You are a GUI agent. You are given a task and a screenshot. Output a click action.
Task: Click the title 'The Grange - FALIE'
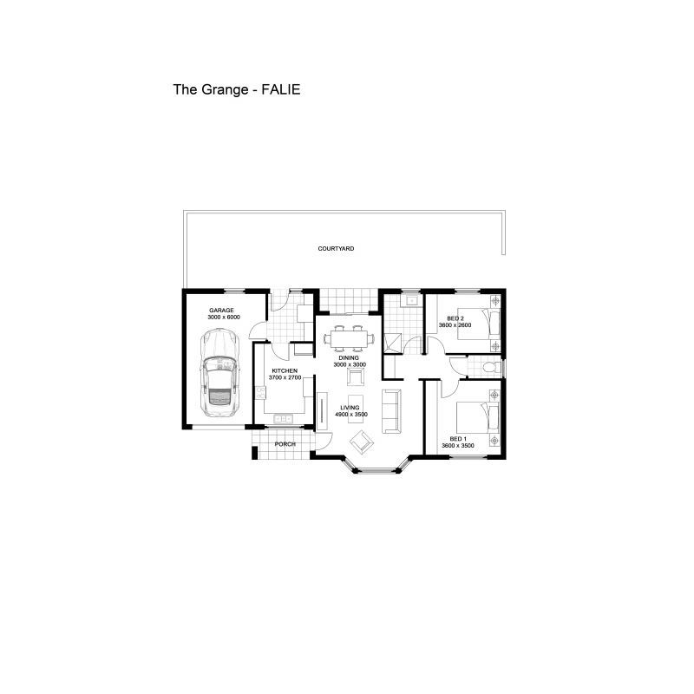pyautogui.click(x=237, y=90)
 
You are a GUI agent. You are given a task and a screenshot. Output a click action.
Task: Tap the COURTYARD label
pyautogui.click(x=336, y=249)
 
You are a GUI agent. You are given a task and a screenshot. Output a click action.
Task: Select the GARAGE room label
pyautogui.click(x=221, y=311)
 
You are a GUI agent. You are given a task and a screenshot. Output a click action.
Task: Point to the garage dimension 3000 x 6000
pyautogui.click(x=224, y=318)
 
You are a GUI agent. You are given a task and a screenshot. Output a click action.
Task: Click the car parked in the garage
pyautogui.click(x=219, y=372)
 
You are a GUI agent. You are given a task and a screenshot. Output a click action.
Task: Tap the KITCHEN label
pyautogui.click(x=285, y=371)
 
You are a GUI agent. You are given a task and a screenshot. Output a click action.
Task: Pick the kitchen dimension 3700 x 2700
pyautogui.click(x=285, y=377)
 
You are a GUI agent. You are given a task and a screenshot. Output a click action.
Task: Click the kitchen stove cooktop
pyautogui.click(x=260, y=392)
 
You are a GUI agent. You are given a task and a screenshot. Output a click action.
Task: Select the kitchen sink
pyautogui.click(x=284, y=418)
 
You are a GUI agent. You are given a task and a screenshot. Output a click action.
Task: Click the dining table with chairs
pyautogui.click(x=349, y=338)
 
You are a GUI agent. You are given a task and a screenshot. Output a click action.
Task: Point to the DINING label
pyautogui.click(x=349, y=358)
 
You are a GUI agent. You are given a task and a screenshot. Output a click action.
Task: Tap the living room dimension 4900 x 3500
pyautogui.click(x=351, y=415)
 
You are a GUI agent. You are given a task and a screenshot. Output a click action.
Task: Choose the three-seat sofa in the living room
pyautogui.click(x=391, y=411)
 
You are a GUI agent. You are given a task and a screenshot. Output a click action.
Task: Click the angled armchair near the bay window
pyautogui.click(x=362, y=442)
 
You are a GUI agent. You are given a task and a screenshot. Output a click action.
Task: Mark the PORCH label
pyautogui.click(x=285, y=444)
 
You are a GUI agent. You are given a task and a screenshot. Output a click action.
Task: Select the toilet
pyautogui.click(x=492, y=367)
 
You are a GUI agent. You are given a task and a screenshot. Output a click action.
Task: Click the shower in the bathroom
pyautogui.click(x=393, y=343)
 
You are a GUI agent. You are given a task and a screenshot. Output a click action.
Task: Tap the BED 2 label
pyautogui.click(x=455, y=318)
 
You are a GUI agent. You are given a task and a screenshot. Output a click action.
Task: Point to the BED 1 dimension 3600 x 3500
pyautogui.click(x=458, y=446)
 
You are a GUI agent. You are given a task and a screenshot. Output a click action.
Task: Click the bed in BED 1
pyautogui.click(x=478, y=417)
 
